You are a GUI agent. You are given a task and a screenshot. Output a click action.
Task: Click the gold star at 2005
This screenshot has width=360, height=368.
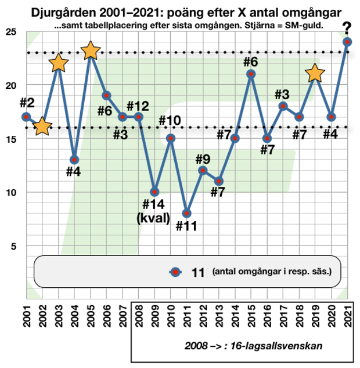90,51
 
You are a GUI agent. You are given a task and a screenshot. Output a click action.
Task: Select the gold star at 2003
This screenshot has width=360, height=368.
58,63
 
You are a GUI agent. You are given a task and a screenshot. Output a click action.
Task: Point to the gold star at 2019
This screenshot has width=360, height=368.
315,73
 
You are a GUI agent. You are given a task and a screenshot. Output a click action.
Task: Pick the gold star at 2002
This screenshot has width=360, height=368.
42,127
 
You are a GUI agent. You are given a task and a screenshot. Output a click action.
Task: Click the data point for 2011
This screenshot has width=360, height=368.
187,213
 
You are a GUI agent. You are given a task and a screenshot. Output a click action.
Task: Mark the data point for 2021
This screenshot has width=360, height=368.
347,42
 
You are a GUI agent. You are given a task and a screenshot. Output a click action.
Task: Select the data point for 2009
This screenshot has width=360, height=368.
154,192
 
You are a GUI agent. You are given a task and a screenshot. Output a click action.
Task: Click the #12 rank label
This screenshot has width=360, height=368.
138,106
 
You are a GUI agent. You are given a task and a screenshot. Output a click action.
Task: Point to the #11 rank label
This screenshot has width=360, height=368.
187,227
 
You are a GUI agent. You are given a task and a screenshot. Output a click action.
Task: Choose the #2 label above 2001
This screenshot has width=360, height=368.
27,103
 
